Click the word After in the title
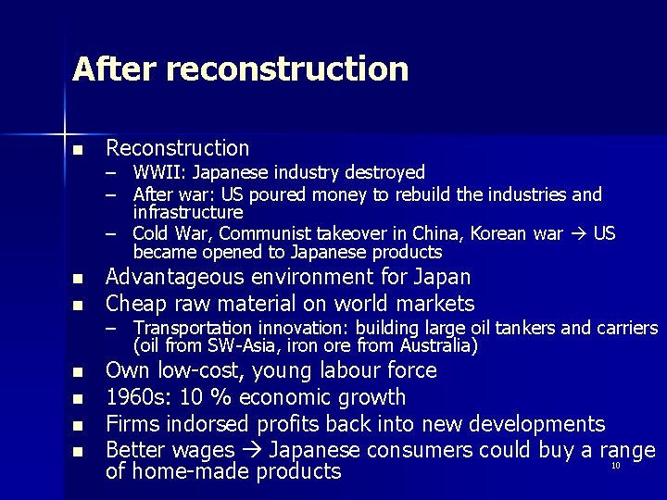coord(110,69)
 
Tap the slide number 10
coord(615,466)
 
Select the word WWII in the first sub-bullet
coord(158,172)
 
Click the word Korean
coord(500,232)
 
